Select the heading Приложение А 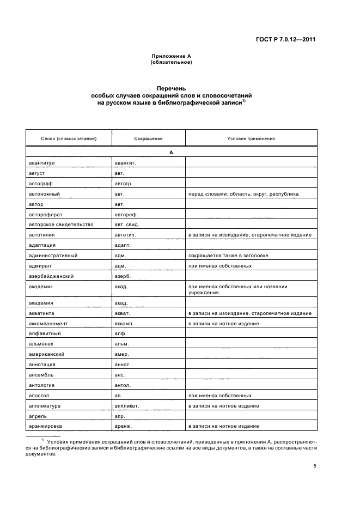(171, 56)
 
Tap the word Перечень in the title (171, 88)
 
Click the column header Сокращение (148, 138)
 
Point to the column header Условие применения (251, 138)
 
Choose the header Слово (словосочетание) (69, 138)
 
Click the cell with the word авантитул (43, 163)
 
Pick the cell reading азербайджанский (51, 276)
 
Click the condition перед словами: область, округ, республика (243, 193)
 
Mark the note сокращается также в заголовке (228, 256)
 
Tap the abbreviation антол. (123, 385)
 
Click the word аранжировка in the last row (46, 426)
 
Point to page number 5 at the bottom (315, 466)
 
